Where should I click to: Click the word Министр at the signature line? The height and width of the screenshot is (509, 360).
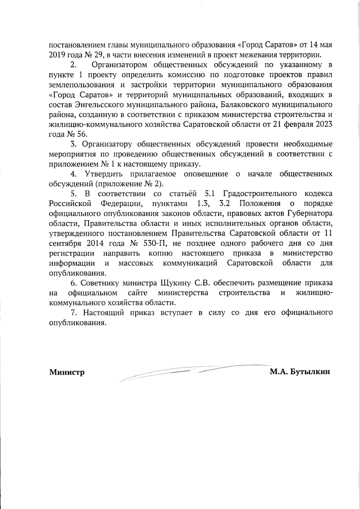pyautogui.click(x=67, y=372)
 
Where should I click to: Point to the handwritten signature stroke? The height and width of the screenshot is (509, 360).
pyautogui.click(x=180, y=372)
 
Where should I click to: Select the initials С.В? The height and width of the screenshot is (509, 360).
pyautogui.click(x=204, y=283)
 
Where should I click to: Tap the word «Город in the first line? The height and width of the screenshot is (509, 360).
pyautogui.click(x=250, y=45)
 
